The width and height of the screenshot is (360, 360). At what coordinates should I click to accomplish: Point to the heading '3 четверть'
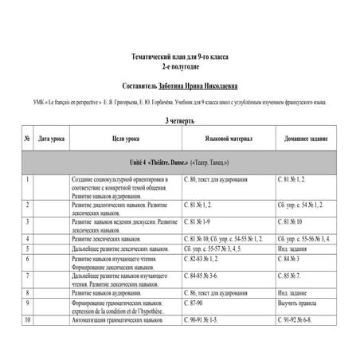(178, 121)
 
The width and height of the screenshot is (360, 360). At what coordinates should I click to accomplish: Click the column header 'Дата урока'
(52, 139)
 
